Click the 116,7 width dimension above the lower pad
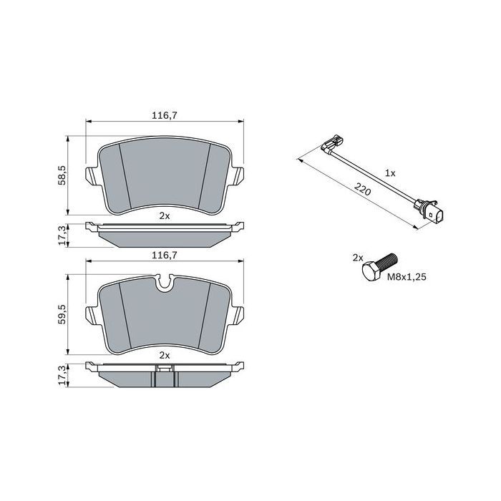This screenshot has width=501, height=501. click(x=165, y=254)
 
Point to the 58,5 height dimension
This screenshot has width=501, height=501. click(x=62, y=174)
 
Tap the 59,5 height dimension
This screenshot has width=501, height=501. click(x=62, y=313)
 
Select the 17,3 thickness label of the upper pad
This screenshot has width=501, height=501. click(x=62, y=233)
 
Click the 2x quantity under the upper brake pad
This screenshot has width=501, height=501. click(x=165, y=215)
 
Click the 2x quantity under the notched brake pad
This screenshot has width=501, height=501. click(x=165, y=355)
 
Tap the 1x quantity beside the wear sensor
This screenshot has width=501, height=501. click(x=390, y=174)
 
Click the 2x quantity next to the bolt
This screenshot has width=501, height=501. click(x=357, y=257)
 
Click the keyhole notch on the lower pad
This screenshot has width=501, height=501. click(x=165, y=284)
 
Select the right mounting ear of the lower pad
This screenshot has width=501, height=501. click(x=239, y=313)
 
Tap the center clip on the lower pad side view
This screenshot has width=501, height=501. click(x=165, y=369)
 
